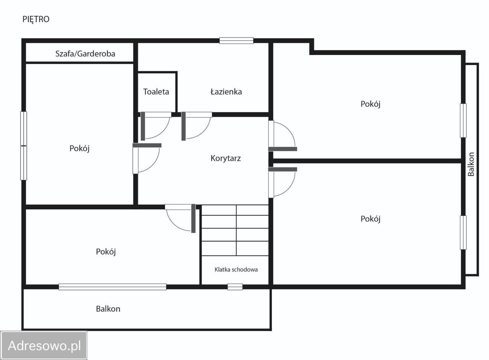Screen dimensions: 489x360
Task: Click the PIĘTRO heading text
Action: point(36,19)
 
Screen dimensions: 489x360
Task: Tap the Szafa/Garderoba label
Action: point(85,54)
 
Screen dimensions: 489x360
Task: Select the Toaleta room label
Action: point(156,92)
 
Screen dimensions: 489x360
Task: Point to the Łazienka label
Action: point(226,92)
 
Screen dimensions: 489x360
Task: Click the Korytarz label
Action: point(225,158)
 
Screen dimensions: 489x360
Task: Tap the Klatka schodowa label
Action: point(236,269)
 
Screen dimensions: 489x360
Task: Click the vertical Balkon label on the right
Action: point(471,164)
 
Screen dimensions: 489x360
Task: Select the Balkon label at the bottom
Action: point(108,309)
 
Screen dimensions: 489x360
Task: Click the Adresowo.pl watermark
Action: point(44,346)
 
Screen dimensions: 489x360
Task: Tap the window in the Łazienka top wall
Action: point(236,41)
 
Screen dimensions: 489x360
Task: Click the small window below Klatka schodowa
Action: point(235,287)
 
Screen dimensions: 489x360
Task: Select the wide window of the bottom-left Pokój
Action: point(112,287)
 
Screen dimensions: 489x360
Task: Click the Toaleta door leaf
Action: point(143,126)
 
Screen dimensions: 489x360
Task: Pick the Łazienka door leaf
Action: point(184,126)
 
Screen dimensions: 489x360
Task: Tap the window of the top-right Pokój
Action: point(463,121)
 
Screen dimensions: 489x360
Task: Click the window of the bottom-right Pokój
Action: point(463,233)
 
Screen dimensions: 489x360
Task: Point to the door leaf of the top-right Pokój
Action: point(283,149)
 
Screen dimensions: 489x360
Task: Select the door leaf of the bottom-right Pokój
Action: point(283,169)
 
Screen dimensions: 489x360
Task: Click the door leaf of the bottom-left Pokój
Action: point(193,219)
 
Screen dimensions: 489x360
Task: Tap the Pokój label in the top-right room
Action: point(371,104)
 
